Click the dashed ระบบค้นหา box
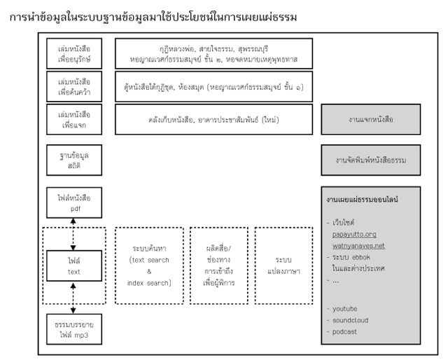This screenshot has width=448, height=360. [x=149, y=265]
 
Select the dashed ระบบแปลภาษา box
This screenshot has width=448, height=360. [x=279, y=265]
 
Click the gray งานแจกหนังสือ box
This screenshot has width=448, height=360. [x=370, y=119]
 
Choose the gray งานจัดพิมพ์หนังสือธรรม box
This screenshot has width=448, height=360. [x=370, y=160]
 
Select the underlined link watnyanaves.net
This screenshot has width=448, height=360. [x=358, y=246]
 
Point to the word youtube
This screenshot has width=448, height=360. [x=346, y=308]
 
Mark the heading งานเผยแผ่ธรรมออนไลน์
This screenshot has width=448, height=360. [x=362, y=200]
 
